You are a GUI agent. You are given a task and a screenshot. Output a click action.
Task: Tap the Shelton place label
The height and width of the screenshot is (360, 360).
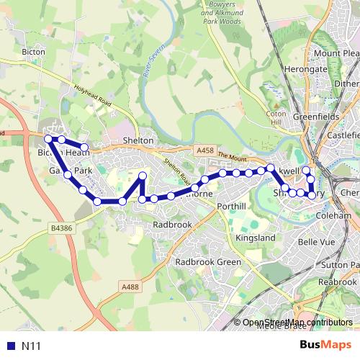pos(139,140)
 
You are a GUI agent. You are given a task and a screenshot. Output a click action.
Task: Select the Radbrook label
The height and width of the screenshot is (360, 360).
pos(173,225)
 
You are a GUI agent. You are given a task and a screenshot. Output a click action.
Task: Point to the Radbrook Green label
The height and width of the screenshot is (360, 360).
pos(208,262)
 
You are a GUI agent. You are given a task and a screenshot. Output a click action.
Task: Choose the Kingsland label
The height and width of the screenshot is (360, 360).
pos(256,237)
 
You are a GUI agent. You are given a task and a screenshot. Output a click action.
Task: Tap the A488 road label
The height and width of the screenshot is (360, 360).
pos(130,287)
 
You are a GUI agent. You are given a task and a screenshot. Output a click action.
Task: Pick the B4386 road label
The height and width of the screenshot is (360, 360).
pos(61,228)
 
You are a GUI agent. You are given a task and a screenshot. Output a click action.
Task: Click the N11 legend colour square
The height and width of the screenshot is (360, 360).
pos(9,346)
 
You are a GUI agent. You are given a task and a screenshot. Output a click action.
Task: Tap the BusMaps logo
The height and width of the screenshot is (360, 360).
pos(325,346)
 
